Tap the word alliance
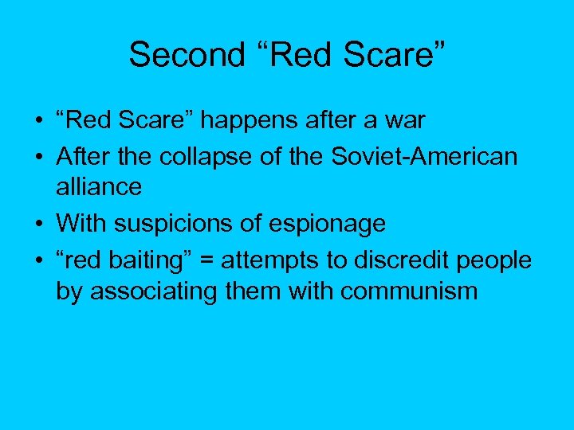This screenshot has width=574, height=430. pyautogui.click(x=99, y=187)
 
